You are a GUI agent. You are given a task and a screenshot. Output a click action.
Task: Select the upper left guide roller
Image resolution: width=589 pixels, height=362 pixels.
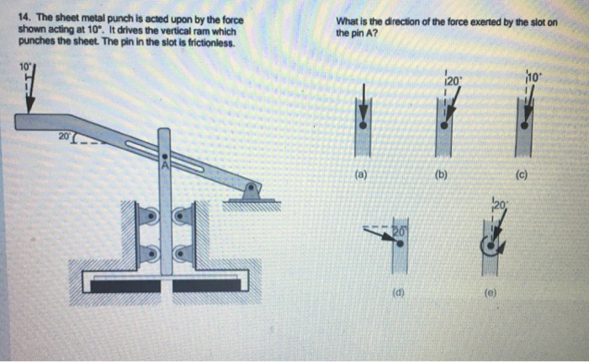149,216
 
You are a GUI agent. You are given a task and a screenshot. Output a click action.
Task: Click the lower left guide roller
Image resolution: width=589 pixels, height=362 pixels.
149,252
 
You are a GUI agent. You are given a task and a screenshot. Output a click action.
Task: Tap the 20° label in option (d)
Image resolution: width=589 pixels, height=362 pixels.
398,230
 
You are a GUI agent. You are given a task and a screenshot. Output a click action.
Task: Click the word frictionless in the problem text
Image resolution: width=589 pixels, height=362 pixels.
201,42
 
